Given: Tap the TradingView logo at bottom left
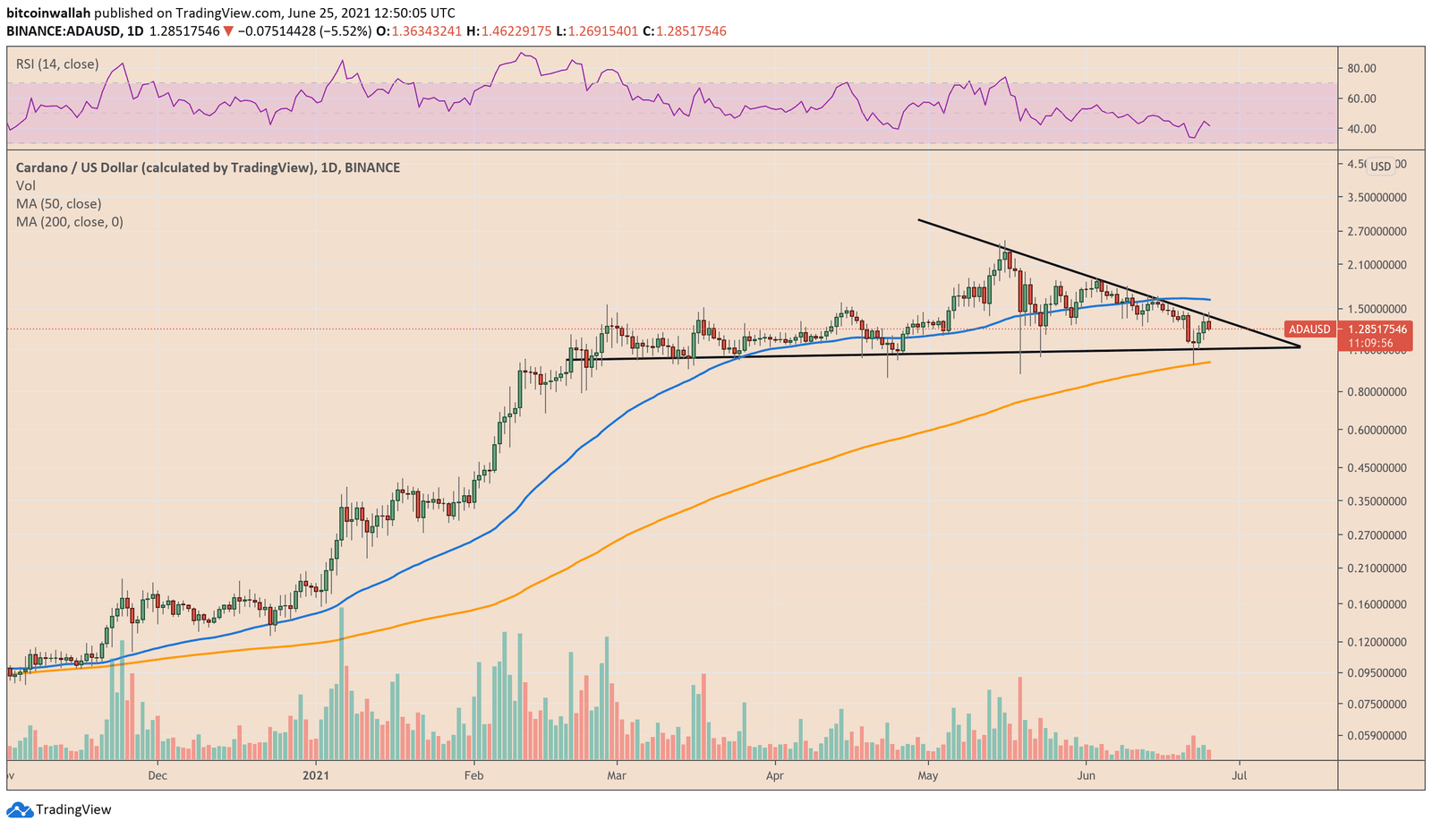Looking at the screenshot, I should pos(60,809).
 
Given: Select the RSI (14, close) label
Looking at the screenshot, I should pos(57,64).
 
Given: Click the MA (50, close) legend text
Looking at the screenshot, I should pos(58,203).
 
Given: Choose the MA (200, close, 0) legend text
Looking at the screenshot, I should pos(69,221).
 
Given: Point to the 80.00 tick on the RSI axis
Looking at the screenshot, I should pos(1361,68).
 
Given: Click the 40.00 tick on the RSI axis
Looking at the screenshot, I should pos(1361,129).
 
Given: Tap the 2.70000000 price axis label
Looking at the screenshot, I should pos(1376,231).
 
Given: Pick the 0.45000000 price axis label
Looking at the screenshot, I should pos(1376,467).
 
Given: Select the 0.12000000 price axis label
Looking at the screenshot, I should pos(1376,642).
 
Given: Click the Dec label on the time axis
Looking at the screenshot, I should pos(158,775).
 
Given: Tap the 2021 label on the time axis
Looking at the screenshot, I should pos(316,775).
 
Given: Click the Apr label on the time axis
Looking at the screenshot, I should pos(775,775).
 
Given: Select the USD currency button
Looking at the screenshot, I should pos(1381,166).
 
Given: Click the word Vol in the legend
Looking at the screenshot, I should pos(26,185).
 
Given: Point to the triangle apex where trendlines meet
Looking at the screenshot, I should pos(1300,346).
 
